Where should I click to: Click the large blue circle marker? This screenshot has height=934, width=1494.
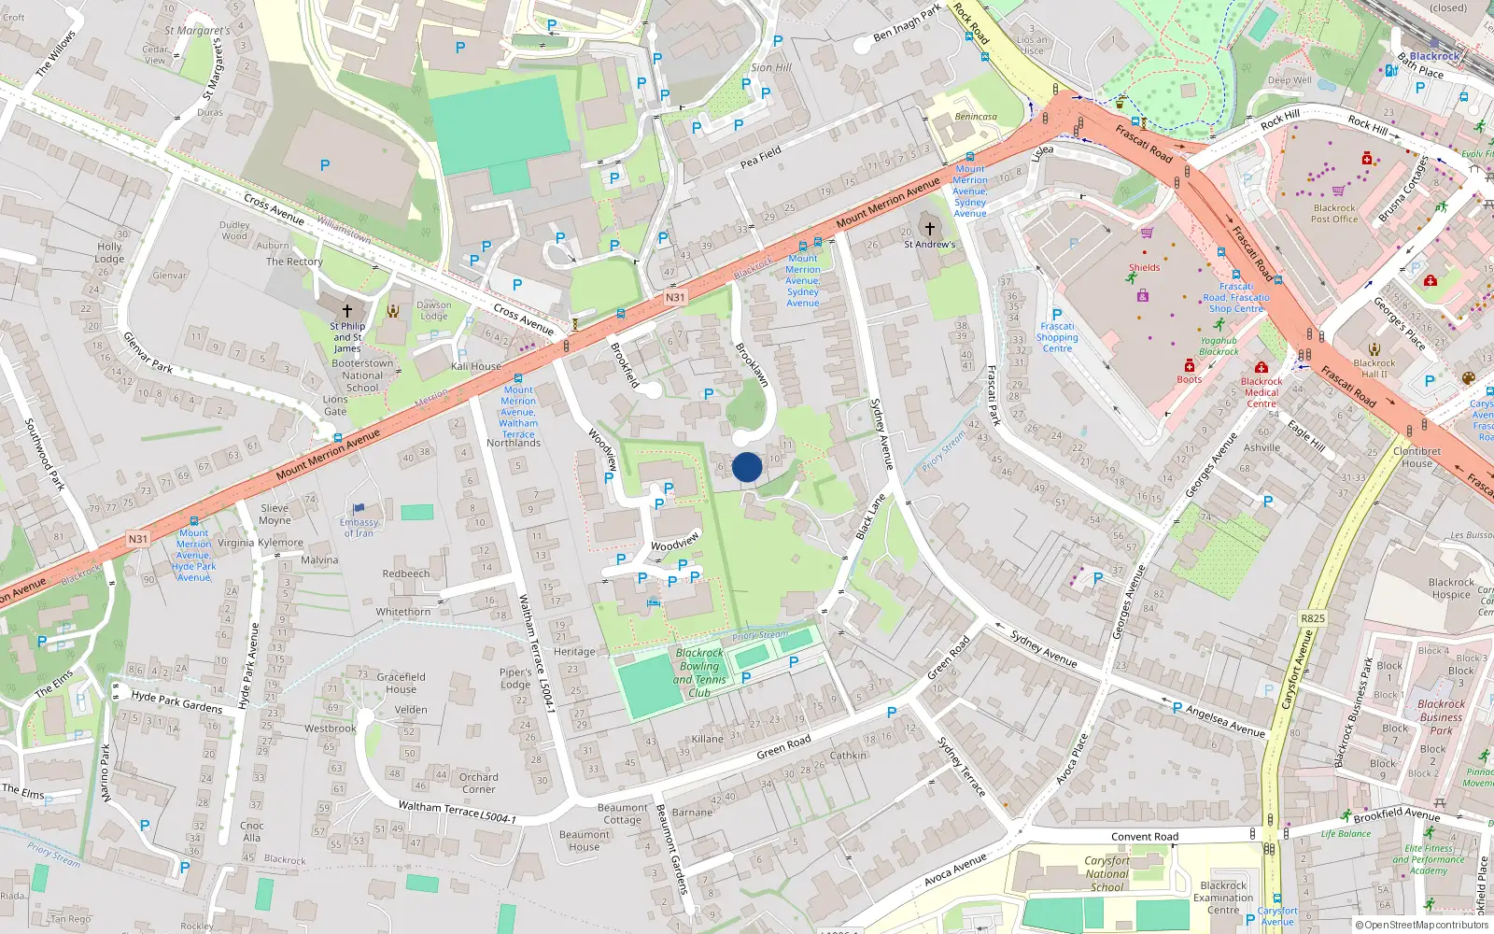747,467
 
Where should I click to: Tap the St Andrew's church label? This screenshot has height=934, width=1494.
929,245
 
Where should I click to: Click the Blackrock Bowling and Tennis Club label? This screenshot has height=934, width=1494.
699,672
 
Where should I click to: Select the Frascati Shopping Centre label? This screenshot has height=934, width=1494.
1057,337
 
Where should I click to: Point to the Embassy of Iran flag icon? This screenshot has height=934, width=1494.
359,509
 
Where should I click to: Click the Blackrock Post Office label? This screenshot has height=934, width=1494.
1334,214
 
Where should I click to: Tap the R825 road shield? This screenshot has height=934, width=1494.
1312,618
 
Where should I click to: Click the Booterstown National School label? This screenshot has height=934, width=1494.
362,375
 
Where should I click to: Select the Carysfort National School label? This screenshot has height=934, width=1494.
1107,874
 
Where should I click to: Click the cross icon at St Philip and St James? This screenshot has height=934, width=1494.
347,310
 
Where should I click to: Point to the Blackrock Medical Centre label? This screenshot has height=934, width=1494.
1261,392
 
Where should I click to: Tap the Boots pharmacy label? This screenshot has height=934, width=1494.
1189,379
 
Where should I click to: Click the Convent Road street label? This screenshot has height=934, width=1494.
1145,837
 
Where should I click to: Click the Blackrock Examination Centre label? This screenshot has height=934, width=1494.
1223,898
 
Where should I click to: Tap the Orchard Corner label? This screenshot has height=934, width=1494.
478,783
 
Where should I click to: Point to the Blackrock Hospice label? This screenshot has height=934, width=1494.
1451,588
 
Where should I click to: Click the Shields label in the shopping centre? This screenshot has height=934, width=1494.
1144,267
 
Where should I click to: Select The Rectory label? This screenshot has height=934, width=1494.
294,262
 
